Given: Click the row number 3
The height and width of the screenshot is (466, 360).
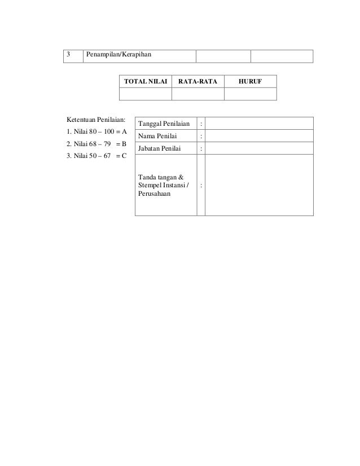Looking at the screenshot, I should coord(68,55).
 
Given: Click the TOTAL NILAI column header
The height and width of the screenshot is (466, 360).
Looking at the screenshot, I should coord(146,81).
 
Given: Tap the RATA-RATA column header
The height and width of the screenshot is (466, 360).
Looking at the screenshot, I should coord(197,81).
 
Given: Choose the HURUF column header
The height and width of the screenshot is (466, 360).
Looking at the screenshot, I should coord(250,81).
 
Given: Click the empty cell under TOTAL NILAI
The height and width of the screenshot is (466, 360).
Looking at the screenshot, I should coord(146,93).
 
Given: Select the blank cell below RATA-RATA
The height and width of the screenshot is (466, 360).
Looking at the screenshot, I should coord(197,93).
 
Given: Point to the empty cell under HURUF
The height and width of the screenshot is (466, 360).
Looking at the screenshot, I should coord(250,93).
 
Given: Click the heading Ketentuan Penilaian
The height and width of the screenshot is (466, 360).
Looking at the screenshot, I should coord(95,120).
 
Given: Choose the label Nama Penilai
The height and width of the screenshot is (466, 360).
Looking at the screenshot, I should coord(158,136).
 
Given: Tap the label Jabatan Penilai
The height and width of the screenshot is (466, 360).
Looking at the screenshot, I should coord(160,148).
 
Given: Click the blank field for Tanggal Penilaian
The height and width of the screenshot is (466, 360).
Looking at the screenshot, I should coord(258,124).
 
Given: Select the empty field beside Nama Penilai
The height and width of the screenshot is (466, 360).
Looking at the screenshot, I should coord(258,136).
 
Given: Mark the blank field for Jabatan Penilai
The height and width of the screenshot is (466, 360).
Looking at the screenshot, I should coord(258,148).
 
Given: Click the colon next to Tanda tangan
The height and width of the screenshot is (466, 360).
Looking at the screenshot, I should coord(201,186).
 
